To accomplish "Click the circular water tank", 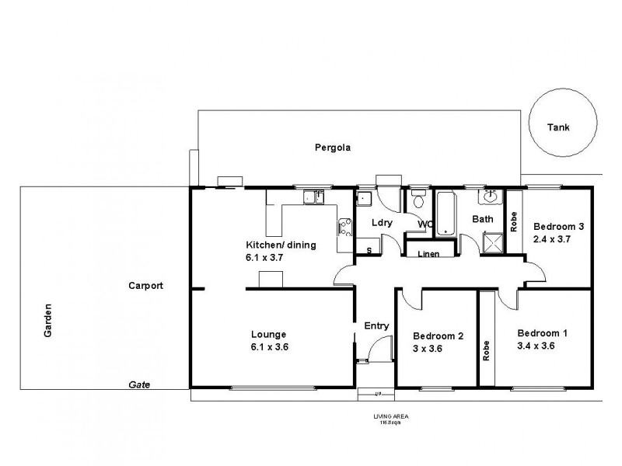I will (x=563, y=127).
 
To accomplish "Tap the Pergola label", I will (x=330, y=147).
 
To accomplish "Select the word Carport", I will (x=145, y=286).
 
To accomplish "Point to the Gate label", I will (x=139, y=384).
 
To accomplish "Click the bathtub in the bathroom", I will (x=446, y=214).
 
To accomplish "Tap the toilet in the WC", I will (x=418, y=203).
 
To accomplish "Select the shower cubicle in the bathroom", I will (x=491, y=244).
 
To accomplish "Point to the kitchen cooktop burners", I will (x=342, y=228).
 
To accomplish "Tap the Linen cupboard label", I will (x=428, y=254).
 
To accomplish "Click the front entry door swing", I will (x=375, y=352).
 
